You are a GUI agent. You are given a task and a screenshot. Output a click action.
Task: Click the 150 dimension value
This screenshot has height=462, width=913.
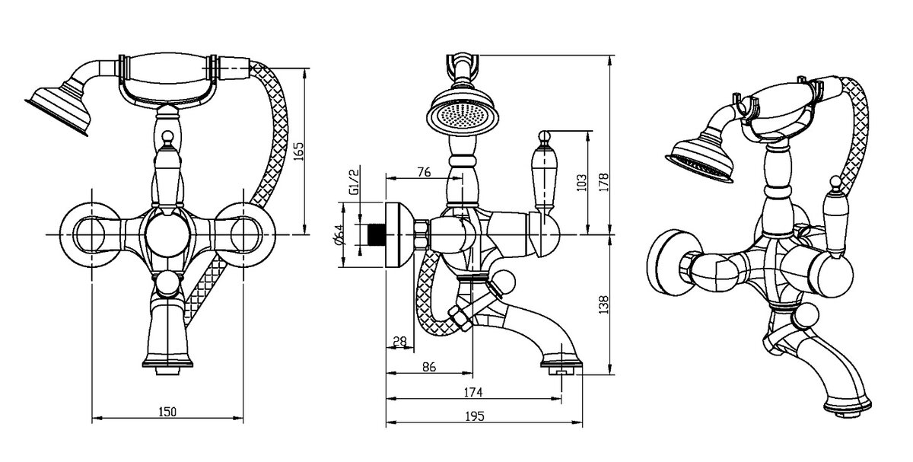click(x=167, y=412)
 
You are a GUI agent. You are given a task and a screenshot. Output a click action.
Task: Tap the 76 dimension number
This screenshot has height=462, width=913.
click(x=424, y=172)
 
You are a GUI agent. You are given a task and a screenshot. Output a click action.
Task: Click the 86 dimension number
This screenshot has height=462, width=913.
click(x=428, y=367)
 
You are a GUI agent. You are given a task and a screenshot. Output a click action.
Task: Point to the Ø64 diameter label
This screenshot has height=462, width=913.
click(x=339, y=236)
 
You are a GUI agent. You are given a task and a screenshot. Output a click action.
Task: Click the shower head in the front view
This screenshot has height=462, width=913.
click(x=59, y=107)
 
